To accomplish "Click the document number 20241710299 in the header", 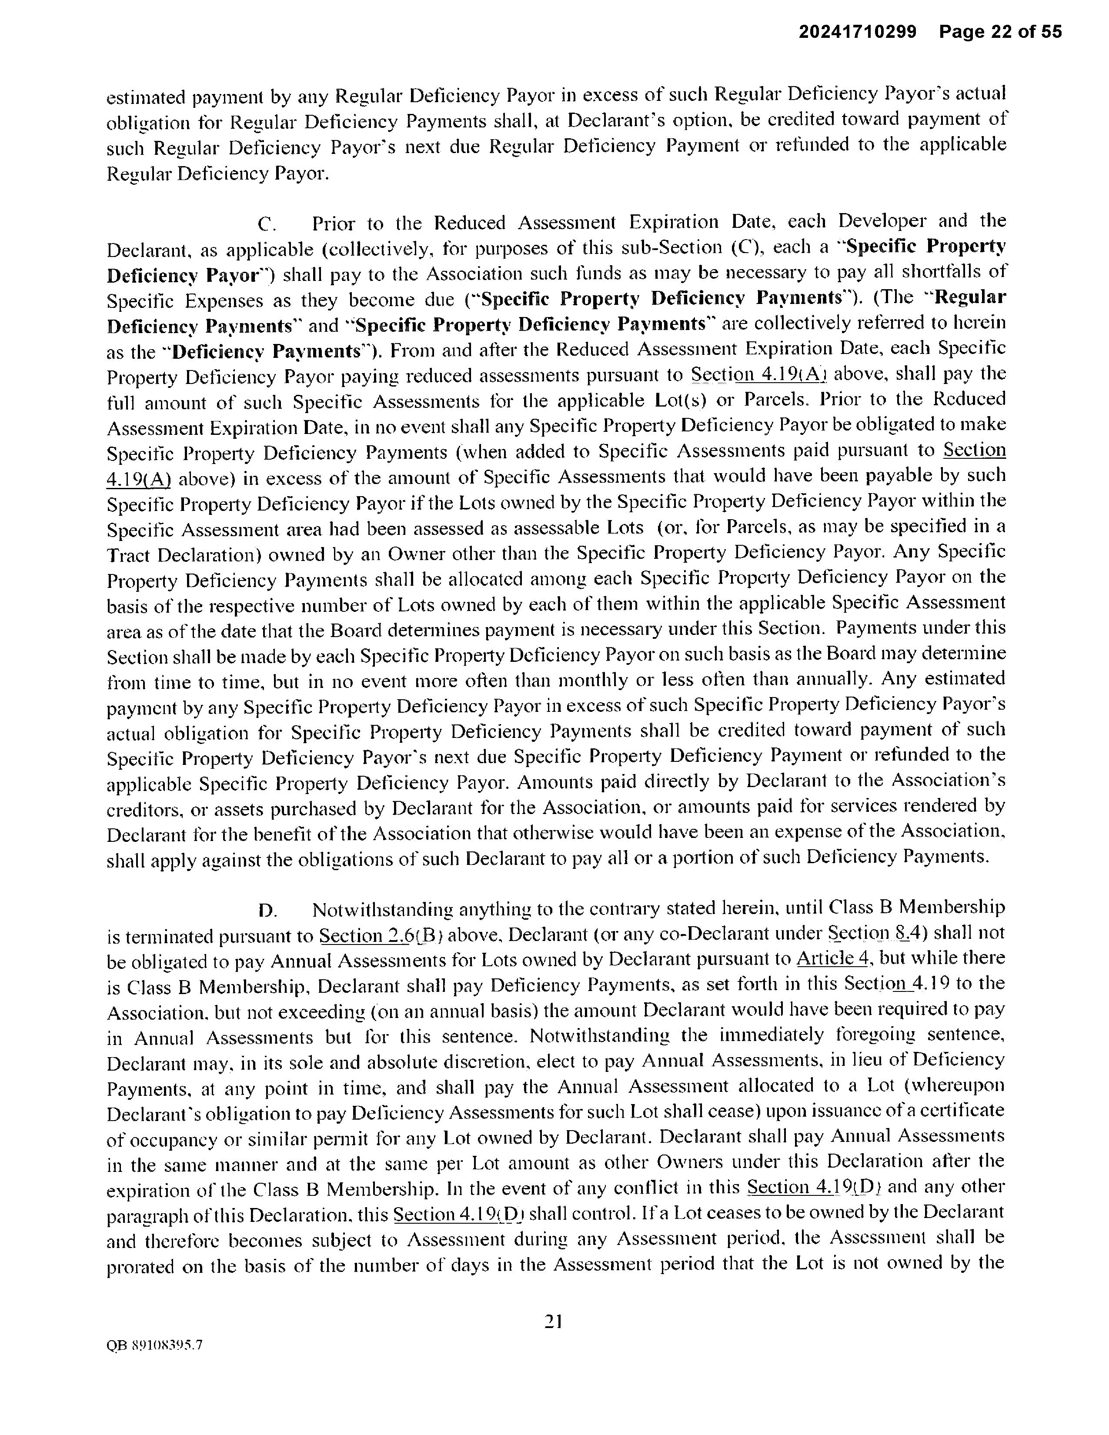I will click(x=857, y=32).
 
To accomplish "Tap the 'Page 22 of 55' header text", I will click(x=1000, y=32).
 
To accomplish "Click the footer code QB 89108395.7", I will click(x=154, y=1345).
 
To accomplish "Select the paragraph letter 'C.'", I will click(x=267, y=225).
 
